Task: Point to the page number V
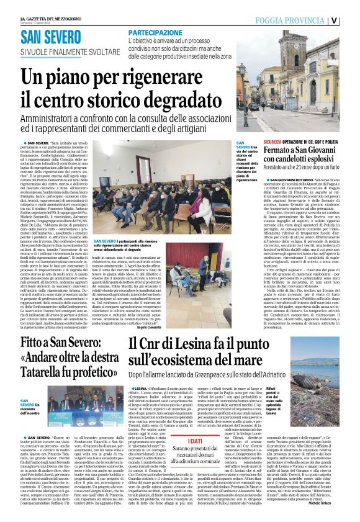coord(352,19)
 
